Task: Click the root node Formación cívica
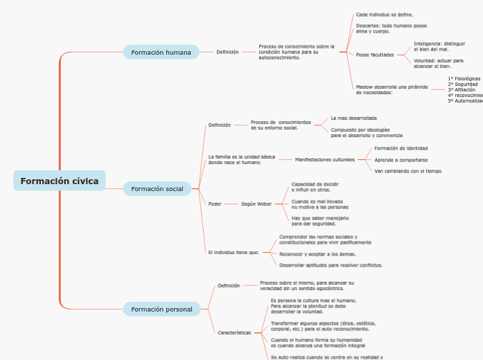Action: point(60,181)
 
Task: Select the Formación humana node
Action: point(161,52)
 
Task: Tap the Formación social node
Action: point(157,188)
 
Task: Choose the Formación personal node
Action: point(161,309)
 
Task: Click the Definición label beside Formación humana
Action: point(227,52)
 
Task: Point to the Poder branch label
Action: point(215,204)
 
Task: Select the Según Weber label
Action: point(256,204)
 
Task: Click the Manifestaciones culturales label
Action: point(324,159)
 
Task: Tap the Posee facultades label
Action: point(375,55)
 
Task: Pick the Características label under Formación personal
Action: point(234,332)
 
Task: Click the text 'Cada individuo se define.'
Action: point(385,14)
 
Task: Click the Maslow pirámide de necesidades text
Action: point(392,89)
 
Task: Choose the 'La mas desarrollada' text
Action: point(353,118)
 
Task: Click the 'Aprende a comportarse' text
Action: point(401,159)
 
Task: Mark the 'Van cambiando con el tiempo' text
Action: point(407,170)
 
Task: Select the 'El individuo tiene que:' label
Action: point(234,252)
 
